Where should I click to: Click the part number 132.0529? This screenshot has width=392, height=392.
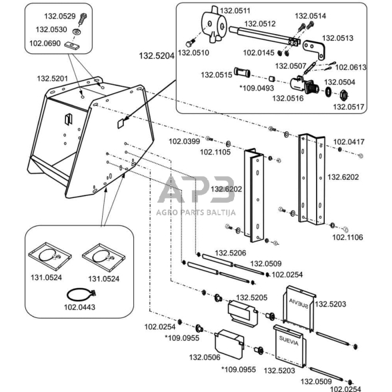click(x=60, y=16)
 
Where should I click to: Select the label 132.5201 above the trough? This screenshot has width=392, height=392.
click(x=53, y=79)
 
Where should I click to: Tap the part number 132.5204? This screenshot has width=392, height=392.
click(x=157, y=56)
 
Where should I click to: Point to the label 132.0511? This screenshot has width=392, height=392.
click(x=235, y=11)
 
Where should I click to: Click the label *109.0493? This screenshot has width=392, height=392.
click(x=257, y=88)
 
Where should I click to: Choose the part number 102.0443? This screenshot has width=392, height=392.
click(x=80, y=307)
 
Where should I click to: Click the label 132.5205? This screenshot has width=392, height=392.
click(x=252, y=298)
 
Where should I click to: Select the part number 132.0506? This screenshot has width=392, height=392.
click(x=205, y=357)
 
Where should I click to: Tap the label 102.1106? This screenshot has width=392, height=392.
click(x=347, y=237)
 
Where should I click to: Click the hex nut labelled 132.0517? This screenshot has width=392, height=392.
click(x=344, y=95)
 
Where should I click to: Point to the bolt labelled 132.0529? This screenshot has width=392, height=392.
click(x=83, y=19)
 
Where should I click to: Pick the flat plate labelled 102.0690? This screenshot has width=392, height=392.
click(x=72, y=45)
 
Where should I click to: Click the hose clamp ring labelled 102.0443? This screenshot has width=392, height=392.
click(x=81, y=295)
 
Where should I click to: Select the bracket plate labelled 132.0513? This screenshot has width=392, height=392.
click(x=315, y=49)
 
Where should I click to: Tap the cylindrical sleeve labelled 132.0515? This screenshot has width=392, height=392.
click(x=242, y=73)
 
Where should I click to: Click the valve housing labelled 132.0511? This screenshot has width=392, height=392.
click(x=213, y=25)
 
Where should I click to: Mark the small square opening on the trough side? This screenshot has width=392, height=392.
click(x=121, y=123)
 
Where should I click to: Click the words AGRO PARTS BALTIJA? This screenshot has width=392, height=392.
click(x=196, y=213)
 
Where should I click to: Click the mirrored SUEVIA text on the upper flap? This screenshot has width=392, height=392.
click(x=299, y=303)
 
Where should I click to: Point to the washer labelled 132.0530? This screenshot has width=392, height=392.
click(x=77, y=32)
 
